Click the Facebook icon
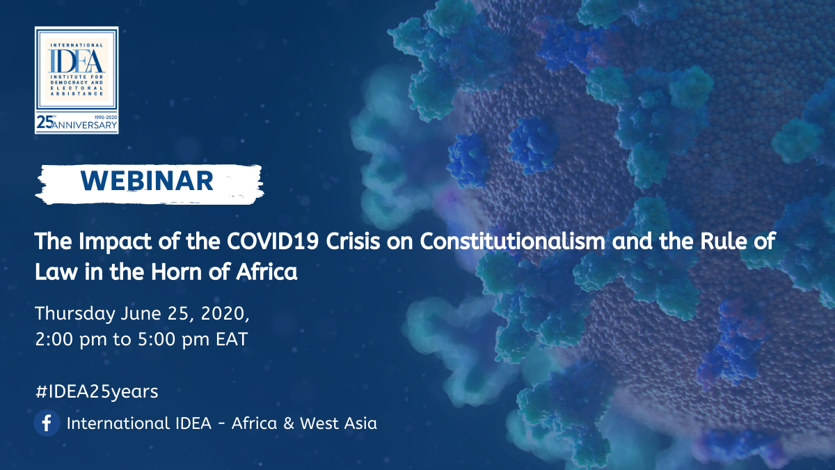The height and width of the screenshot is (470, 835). pos(47,423)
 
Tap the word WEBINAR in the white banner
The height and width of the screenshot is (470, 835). pos(147,181)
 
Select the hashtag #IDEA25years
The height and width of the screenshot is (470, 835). pos(97,391)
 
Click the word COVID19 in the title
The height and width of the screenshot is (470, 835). pos(273,242)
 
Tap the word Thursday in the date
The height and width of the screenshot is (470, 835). pos(75,314)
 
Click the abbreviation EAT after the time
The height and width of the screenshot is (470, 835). pos(232,340)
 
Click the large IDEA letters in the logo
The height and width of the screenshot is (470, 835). pos(77,61)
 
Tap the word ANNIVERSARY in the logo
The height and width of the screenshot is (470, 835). pos(85,125)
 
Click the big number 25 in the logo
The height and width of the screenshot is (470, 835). pos(45,123)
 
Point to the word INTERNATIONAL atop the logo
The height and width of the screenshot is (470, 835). pos(77,45)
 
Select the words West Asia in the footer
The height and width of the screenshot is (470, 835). pos(338,423)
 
